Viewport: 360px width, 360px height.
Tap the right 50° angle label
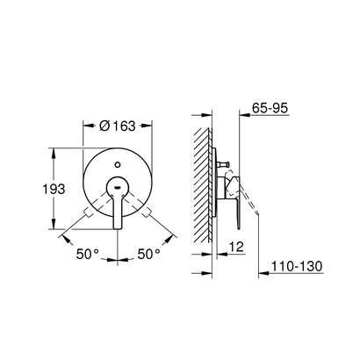(149, 254)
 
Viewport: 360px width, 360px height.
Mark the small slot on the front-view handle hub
(115, 186)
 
